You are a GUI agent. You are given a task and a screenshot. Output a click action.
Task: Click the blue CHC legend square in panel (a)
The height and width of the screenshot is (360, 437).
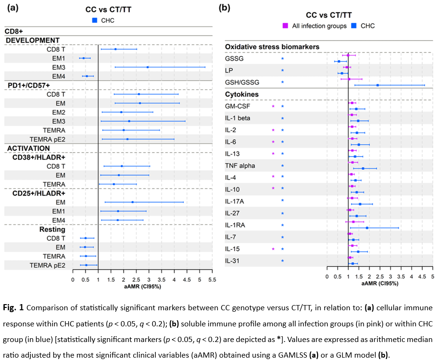pyautogui.click(x=95, y=20)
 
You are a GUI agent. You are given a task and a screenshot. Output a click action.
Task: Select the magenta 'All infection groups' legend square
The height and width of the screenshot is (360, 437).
pyautogui.click(x=285, y=26)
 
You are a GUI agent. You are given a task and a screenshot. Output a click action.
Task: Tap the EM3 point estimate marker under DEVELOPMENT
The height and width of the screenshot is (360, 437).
pyautogui.click(x=147, y=67)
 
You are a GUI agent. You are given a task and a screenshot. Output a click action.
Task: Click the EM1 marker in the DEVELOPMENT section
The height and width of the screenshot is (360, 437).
pyautogui.click(x=83, y=58)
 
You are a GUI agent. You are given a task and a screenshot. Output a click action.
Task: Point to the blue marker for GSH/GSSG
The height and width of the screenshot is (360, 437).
pyautogui.click(x=378, y=85)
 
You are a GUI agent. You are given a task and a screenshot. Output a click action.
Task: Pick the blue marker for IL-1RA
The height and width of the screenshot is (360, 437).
pyautogui.click(x=367, y=228)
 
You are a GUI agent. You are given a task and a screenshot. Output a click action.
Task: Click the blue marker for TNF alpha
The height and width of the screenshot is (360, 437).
pyautogui.click(x=363, y=168)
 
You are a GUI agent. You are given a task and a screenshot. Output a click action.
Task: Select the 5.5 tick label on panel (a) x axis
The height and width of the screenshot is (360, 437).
pyautogui.click(x=212, y=280)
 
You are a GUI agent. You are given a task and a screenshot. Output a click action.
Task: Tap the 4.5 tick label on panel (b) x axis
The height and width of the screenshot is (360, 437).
pyautogui.click(x=422, y=277)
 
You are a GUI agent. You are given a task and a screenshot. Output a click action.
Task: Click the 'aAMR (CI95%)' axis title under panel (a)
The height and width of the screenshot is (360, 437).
pyautogui.click(x=142, y=287)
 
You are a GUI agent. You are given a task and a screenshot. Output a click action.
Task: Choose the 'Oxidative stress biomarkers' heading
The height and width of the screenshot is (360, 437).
pyautogui.click(x=272, y=47)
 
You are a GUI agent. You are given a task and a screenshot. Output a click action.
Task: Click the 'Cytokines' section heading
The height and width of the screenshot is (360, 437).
pyautogui.click(x=242, y=94)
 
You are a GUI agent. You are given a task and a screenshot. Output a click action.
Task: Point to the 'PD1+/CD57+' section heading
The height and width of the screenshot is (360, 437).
pyautogui.click(x=29, y=85)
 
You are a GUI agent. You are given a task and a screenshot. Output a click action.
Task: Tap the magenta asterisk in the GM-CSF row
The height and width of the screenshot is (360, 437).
pyautogui.click(x=273, y=106)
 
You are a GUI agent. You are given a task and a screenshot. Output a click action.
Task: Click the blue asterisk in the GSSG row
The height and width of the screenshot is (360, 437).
pyautogui.click(x=282, y=59)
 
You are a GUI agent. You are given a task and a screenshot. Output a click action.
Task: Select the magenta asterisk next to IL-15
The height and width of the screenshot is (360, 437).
pyautogui.click(x=273, y=249)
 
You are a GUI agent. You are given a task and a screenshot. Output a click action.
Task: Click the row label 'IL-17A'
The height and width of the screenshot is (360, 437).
pyautogui.click(x=235, y=201)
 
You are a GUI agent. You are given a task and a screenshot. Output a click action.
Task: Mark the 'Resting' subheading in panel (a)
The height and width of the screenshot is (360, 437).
pyautogui.click(x=52, y=229)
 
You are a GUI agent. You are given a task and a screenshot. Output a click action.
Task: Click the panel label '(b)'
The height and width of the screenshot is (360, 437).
pyautogui.click(x=224, y=8)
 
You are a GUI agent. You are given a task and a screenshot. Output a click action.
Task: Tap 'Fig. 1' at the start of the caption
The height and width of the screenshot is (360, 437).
pyautogui.click(x=13, y=307)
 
